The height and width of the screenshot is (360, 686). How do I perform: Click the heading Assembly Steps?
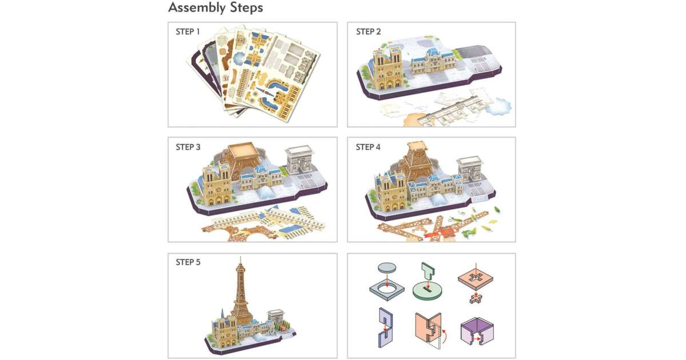[x=216, y=7]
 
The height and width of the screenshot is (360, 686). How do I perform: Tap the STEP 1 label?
[x=188, y=32]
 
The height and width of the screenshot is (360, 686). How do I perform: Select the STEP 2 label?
[x=368, y=32]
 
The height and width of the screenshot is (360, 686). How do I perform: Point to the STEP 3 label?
[x=188, y=147]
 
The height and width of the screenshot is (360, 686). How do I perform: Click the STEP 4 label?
[x=368, y=147]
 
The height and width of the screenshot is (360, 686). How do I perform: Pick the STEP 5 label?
[x=188, y=262]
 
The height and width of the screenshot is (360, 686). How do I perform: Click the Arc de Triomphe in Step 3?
[x=300, y=160]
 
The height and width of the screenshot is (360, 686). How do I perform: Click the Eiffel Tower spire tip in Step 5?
[x=241, y=257]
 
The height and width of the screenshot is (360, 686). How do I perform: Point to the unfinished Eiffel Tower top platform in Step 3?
[x=242, y=150]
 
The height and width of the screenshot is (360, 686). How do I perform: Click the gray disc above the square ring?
[x=387, y=267]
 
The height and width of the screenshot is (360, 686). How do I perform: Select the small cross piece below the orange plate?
[x=476, y=298]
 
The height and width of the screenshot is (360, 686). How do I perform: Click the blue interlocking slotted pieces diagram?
[x=385, y=327]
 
